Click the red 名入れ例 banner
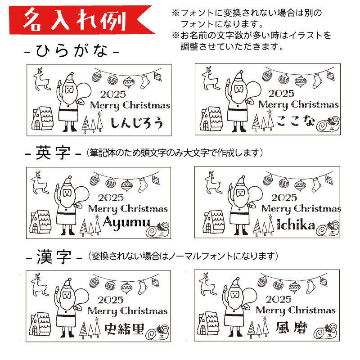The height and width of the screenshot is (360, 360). pyautogui.click(x=78, y=20)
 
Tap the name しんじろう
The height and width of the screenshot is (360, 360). pyautogui.click(x=137, y=123)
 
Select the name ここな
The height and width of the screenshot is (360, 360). pyautogui.click(x=296, y=121)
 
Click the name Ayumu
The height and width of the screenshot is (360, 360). pyautogui.click(x=126, y=223)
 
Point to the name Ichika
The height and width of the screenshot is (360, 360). pyautogui.click(x=296, y=225)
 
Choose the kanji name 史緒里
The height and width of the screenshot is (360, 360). pyautogui.click(x=125, y=329)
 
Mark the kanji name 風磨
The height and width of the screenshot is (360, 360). pyautogui.click(x=292, y=328)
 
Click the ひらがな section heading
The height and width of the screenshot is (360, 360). pyautogui.click(x=72, y=50)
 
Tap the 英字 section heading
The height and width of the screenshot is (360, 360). pyautogui.click(x=53, y=153)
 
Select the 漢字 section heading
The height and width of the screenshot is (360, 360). pyautogui.click(x=54, y=257)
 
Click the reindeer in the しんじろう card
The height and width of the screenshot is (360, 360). pyautogui.click(x=42, y=80)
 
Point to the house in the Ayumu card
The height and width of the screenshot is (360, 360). pyautogui.click(x=40, y=221)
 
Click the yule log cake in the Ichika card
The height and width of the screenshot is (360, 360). pyautogui.click(x=328, y=229)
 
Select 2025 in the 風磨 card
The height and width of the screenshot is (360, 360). pyautogui.click(x=279, y=299)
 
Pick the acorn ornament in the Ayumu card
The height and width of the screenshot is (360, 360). pyautogui.click(x=94, y=180)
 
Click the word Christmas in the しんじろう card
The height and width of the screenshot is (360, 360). pyautogui.click(x=146, y=105)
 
